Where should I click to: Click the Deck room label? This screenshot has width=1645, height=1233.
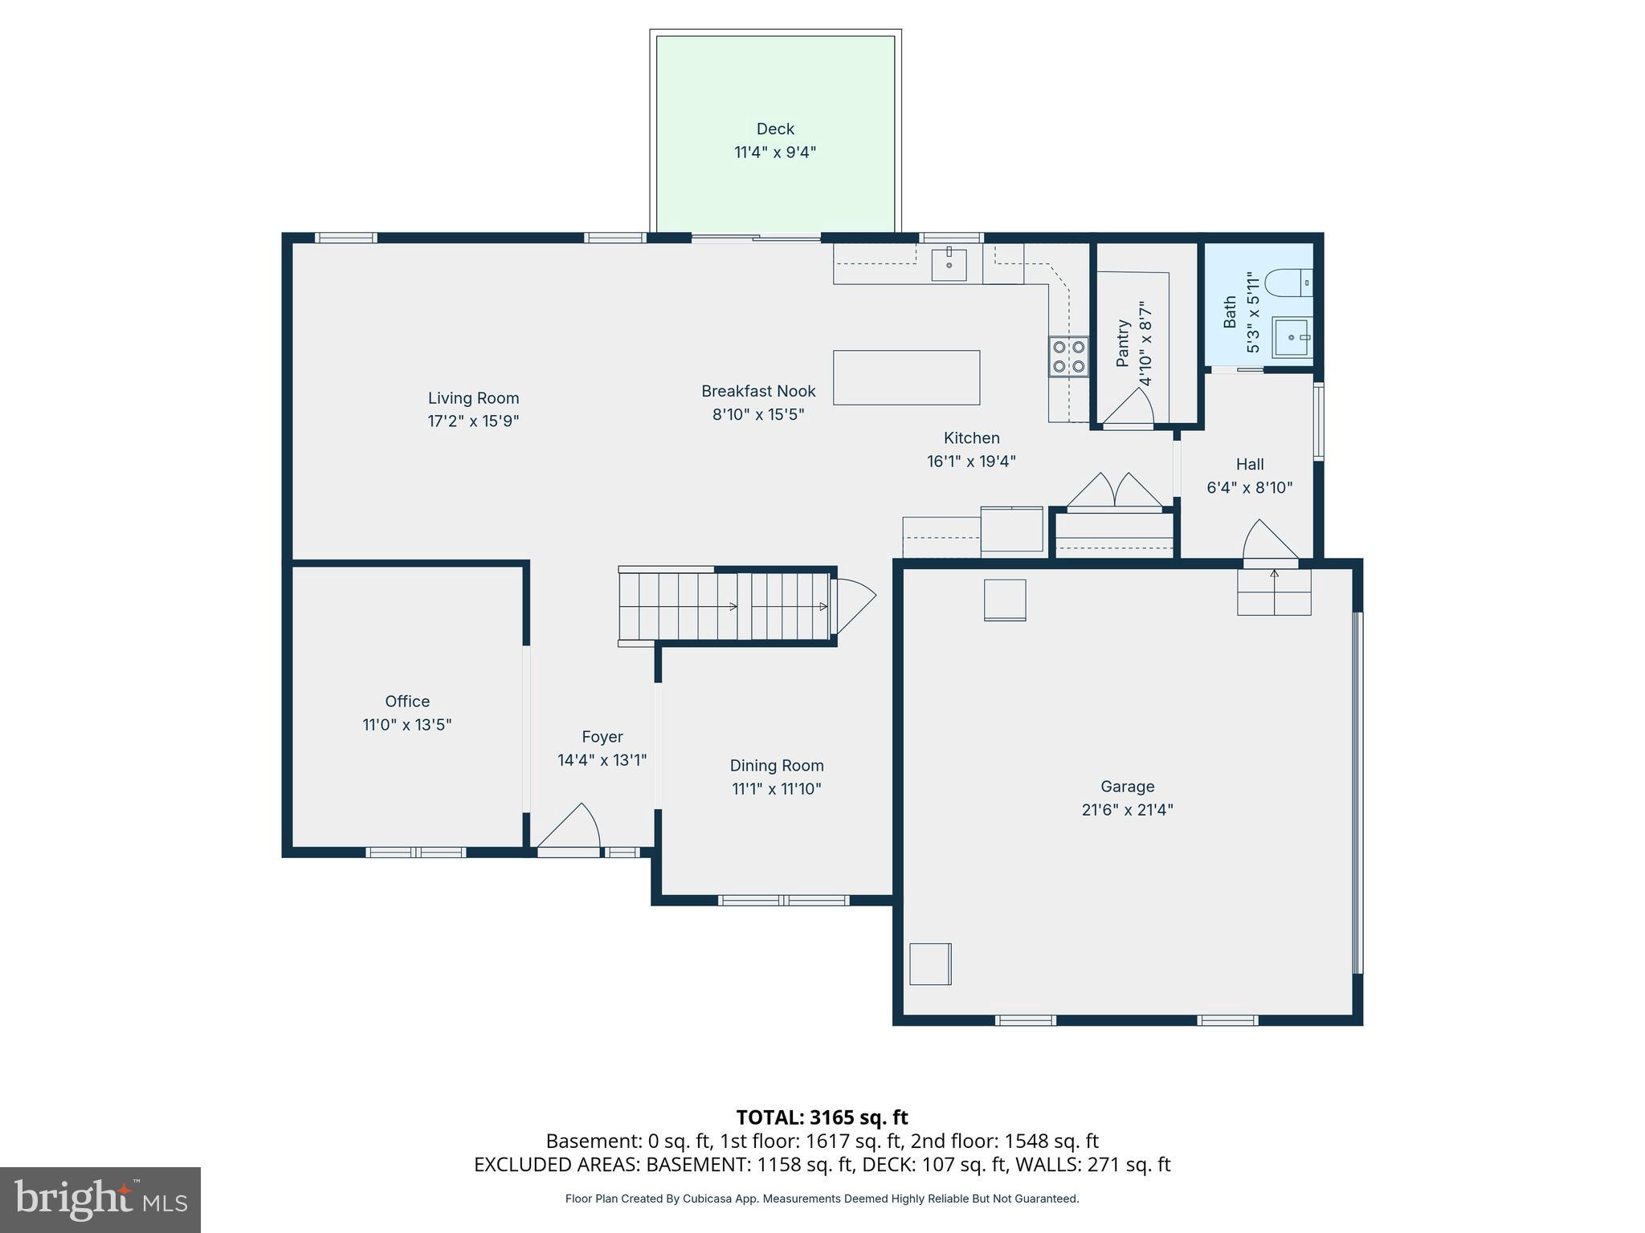pyautogui.click(x=775, y=129)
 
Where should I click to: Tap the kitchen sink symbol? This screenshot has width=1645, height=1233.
pyautogui.click(x=949, y=264)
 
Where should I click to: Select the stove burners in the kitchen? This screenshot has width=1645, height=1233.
pyautogui.click(x=1068, y=356)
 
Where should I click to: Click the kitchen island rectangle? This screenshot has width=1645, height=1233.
pyautogui.click(x=906, y=377)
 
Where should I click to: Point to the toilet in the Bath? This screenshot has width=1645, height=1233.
pyautogui.click(x=1288, y=283)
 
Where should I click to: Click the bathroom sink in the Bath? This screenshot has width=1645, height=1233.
pyautogui.click(x=1292, y=337)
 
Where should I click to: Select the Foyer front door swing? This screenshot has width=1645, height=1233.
pyautogui.click(x=572, y=827)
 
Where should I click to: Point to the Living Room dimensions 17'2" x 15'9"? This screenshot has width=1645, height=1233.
pyautogui.click(x=473, y=421)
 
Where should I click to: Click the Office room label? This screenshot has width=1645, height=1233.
pyautogui.click(x=407, y=701)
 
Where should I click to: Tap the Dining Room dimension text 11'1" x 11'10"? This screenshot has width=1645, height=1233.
pyautogui.click(x=776, y=789)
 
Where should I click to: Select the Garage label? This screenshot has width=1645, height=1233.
pyautogui.click(x=1127, y=787)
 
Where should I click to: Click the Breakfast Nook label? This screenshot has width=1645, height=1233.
pyautogui.click(x=758, y=391)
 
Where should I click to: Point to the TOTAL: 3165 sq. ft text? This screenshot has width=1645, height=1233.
pyautogui.click(x=822, y=1117)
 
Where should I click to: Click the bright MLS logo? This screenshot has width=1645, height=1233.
pyautogui.click(x=100, y=1199)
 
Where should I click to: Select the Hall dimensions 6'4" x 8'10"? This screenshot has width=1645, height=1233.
pyautogui.click(x=1249, y=487)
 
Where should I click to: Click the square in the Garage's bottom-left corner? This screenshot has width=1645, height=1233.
pyautogui.click(x=930, y=963)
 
